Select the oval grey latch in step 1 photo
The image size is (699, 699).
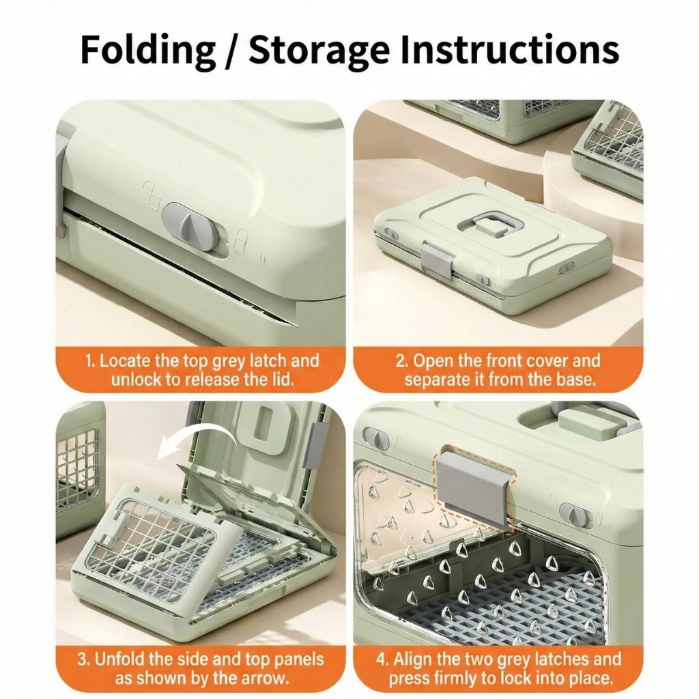pyautogui.click(x=190, y=225)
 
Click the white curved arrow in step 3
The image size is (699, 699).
pyautogui.click(x=198, y=437)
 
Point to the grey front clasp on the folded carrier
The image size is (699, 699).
pyautogui.click(x=436, y=259)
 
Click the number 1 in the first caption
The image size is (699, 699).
pyautogui.click(x=89, y=361)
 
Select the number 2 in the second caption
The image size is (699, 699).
pyautogui.click(x=401, y=361)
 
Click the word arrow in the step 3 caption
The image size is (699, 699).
pyautogui.click(x=263, y=678)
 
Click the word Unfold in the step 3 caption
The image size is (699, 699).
pyautogui.click(x=119, y=659)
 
